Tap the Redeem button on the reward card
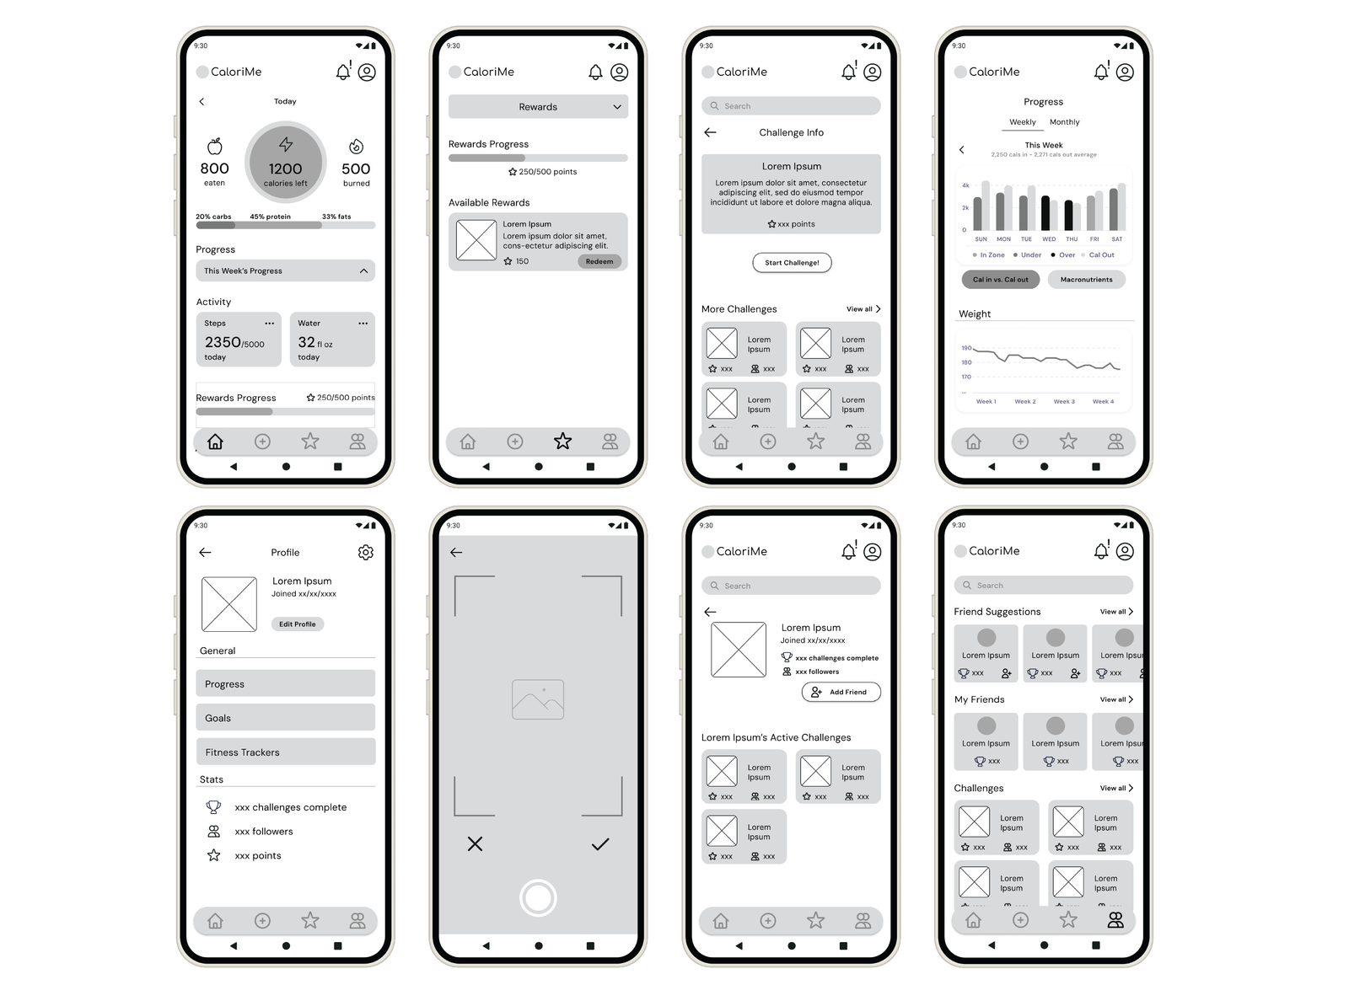(x=599, y=261)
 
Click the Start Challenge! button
(x=792, y=263)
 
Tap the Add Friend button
(x=841, y=692)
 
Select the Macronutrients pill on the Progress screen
(x=1086, y=280)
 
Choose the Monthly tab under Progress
(x=1064, y=122)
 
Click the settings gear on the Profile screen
(x=365, y=553)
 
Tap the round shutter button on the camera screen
(x=538, y=898)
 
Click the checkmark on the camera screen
(x=600, y=844)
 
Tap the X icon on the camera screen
(x=476, y=844)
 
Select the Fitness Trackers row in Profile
(x=285, y=752)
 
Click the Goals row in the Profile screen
(x=285, y=718)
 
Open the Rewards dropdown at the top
(x=538, y=107)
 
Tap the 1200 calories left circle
(x=285, y=162)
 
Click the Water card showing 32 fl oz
(x=332, y=340)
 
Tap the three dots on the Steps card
(x=270, y=324)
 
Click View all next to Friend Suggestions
(x=1116, y=612)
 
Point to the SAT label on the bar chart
(x=1116, y=239)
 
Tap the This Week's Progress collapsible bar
(x=285, y=271)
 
